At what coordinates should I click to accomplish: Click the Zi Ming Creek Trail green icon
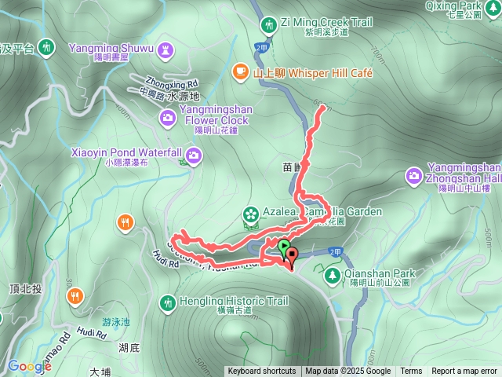point(270,25)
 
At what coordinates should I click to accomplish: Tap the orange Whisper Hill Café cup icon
point(240,73)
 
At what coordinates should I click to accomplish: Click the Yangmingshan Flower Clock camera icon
point(167,118)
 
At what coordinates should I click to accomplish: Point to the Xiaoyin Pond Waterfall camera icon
point(194,155)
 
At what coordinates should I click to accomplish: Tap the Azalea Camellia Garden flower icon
point(250,213)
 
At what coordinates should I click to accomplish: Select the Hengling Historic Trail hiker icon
point(167,302)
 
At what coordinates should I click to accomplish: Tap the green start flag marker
point(282,247)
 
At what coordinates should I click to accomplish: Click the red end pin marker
point(292,254)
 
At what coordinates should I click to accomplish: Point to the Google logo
point(29,366)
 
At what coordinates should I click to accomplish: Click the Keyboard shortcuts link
point(261,372)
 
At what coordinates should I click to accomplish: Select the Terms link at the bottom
point(411,372)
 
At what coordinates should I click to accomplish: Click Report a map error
point(465,372)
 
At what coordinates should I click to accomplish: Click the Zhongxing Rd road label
point(170,82)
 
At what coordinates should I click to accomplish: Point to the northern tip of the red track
point(322,108)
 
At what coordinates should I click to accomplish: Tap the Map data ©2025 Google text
point(347,372)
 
